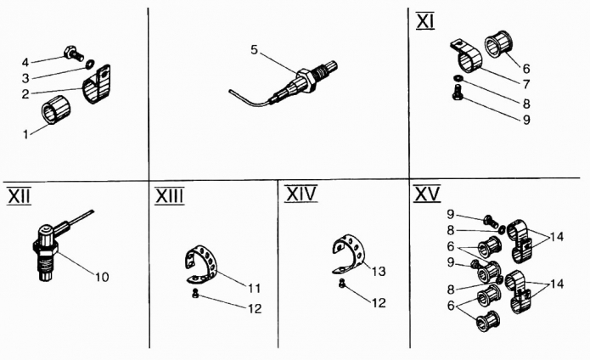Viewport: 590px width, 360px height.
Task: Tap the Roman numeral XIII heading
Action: [169, 196]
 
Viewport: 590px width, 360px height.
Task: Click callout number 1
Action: [25, 132]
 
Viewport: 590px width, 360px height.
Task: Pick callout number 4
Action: [25, 61]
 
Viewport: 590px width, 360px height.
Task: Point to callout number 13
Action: [378, 271]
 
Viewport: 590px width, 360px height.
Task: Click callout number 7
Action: [525, 85]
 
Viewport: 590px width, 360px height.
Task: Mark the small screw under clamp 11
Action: [194, 294]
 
